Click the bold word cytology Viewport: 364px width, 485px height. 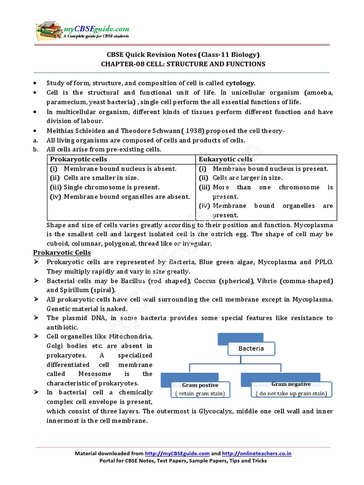pos(240,83)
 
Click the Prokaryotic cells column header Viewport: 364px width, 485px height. pos(79,159)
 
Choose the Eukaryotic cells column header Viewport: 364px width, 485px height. pos(226,159)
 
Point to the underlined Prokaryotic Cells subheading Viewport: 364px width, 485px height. pos(68,253)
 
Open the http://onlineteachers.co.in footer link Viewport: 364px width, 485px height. pos(256,454)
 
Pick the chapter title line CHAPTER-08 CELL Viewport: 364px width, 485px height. pos(183,64)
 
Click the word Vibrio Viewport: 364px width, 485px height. pos(266,281)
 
